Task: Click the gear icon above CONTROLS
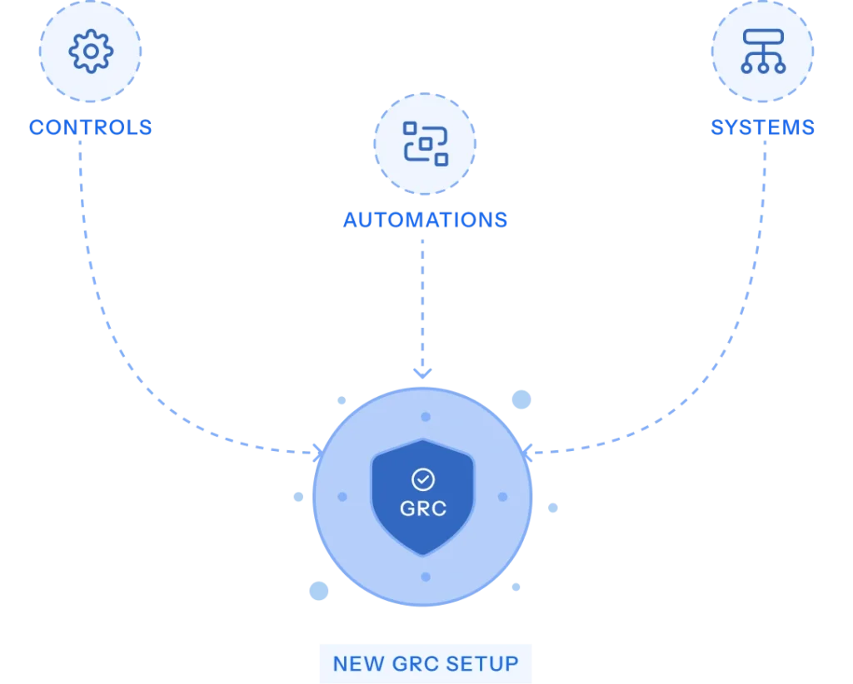[91, 52]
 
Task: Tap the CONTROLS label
[90, 128]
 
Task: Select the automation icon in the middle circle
[425, 143]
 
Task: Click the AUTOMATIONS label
[425, 221]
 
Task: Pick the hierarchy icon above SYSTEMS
[762, 51]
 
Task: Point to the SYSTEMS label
[762, 128]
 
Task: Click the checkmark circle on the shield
[423, 479]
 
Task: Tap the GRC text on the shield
[423, 508]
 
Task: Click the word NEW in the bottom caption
[359, 664]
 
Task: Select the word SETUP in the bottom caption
[482, 664]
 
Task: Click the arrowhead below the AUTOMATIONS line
[423, 374]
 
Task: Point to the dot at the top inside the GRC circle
[426, 417]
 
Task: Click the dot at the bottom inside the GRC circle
[426, 577]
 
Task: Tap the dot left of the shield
[342, 497]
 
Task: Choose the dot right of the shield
[502, 497]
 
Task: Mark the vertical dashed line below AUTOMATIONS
[423, 300]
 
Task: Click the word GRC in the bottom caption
[412, 664]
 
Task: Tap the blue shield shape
[423, 533]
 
